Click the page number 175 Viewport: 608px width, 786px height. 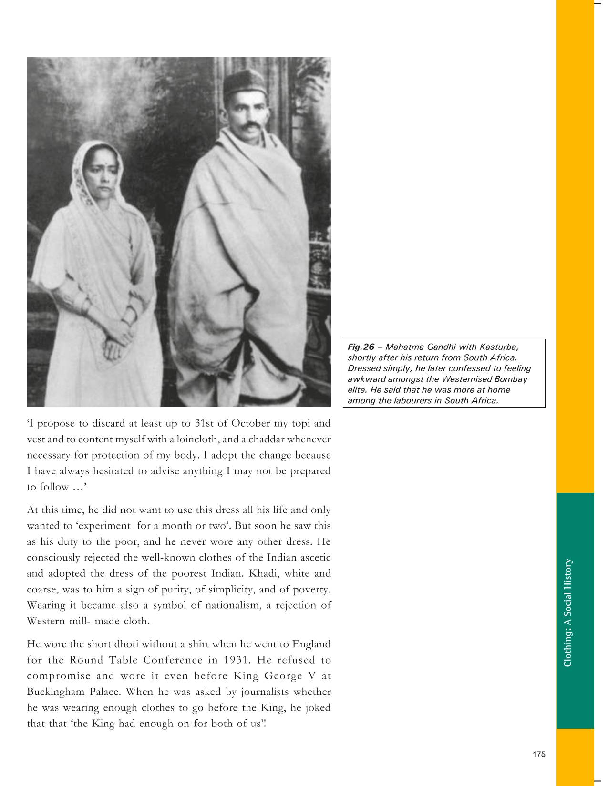click(538, 754)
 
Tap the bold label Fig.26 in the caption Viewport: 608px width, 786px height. click(361, 347)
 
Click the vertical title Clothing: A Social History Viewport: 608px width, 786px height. click(567, 612)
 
